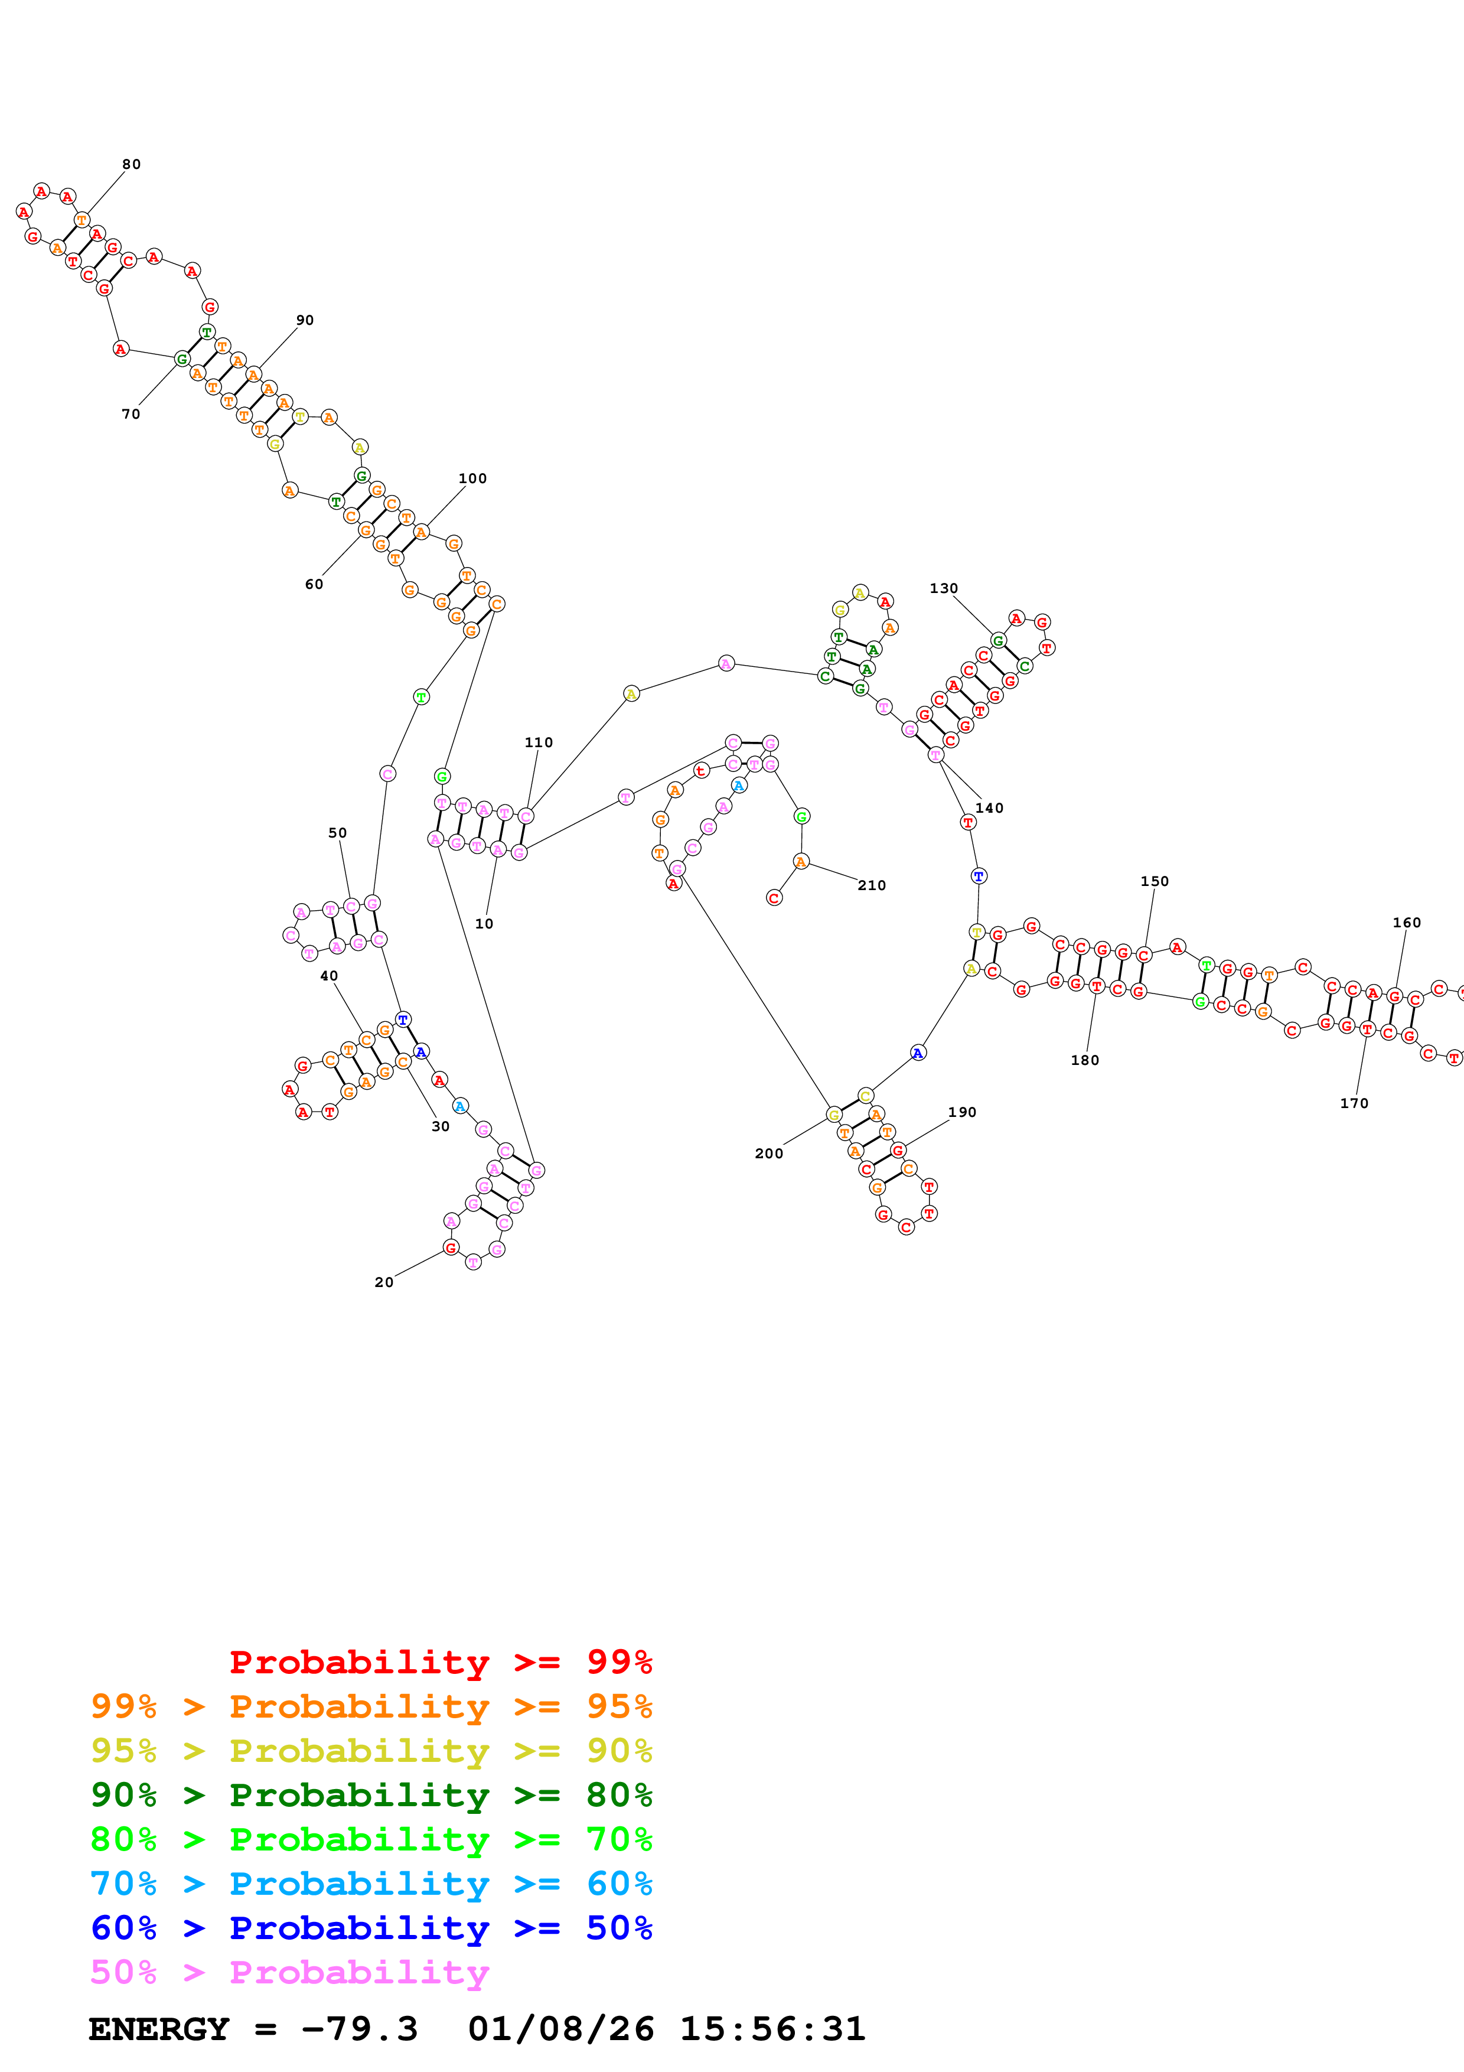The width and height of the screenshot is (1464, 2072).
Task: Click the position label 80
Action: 132,164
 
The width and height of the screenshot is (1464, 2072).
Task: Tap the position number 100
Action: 472,478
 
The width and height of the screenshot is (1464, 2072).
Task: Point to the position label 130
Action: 944,588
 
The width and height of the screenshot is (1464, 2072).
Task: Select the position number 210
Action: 871,885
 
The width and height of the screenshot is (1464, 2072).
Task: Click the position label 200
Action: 768,1154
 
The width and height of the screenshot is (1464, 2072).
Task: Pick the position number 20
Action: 384,1282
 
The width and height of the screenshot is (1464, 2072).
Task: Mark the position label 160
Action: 1406,922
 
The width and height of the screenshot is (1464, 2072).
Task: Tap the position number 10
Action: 484,923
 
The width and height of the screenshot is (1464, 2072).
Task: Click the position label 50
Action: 337,833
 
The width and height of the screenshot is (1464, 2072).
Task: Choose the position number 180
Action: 1085,1060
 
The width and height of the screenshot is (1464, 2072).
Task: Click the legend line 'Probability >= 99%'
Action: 440,1661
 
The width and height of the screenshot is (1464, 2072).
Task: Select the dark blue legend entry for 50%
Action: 371,1928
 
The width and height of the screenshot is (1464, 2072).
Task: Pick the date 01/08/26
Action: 561,2029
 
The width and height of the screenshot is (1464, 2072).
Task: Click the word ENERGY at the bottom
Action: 159,2029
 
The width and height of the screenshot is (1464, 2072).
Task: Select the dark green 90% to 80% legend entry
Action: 371,1795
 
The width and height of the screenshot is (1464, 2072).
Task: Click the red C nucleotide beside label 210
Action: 774,898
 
